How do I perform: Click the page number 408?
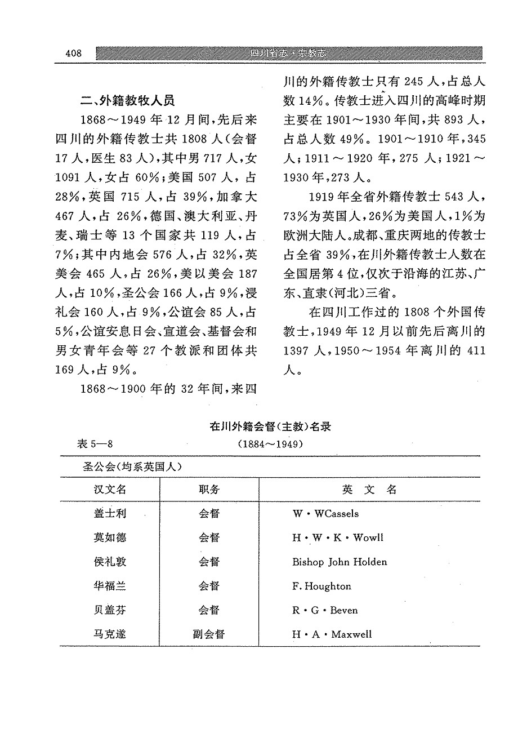(x=74, y=54)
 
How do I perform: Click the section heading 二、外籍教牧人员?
(x=127, y=101)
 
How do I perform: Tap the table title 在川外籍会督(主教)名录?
(x=270, y=426)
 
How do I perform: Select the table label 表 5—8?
(x=96, y=443)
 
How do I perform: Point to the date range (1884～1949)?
(x=270, y=444)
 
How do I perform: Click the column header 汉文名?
(x=110, y=489)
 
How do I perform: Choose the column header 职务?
(x=209, y=489)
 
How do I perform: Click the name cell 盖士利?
(x=110, y=513)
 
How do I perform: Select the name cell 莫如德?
(x=110, y=537)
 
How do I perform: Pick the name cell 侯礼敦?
(x=110, y=562)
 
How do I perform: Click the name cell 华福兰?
(x=110, y=586)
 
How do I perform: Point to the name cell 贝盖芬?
(x=110, y=610)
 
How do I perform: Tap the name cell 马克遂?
(x=110, y=634)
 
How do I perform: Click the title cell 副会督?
(x=209, y=634)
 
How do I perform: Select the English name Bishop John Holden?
(x=340, y=562)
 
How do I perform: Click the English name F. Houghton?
(x=321, y=586)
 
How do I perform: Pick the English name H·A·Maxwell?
(x=332, y=634)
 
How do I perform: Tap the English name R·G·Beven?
(x=325, y=610)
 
